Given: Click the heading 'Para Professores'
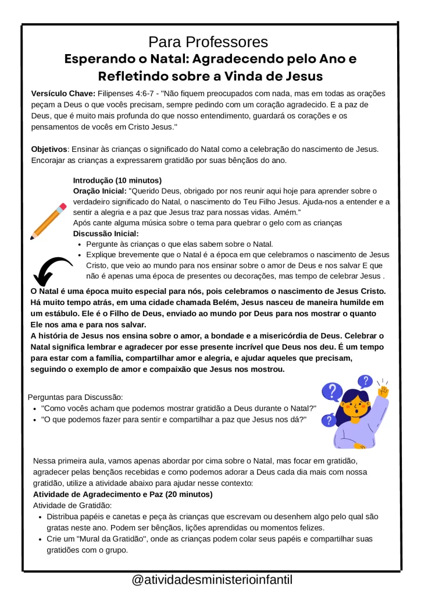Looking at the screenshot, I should click(208, 42).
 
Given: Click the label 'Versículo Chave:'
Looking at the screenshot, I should click(63, 94).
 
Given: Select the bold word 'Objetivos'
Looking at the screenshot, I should click(49, 150).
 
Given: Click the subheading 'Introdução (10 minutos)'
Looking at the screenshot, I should click(117, 180).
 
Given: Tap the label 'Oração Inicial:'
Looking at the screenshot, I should click(99, 191).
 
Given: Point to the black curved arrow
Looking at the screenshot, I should click(52, 271).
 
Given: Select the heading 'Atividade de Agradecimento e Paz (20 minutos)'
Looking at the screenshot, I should click(123, 494).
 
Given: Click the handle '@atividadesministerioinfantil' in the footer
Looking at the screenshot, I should click(212, 580).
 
